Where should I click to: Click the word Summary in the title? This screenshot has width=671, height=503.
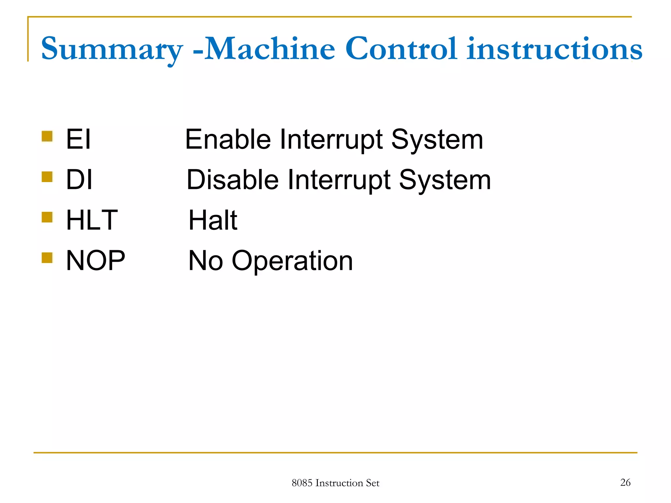tap(111, 49)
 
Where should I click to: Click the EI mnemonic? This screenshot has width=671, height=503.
tap(78, 140)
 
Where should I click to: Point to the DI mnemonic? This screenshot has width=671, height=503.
tap(79, 180)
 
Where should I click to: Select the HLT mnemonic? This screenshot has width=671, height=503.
tap(92, 220)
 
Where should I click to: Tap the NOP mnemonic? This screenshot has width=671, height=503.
tap(95, 261)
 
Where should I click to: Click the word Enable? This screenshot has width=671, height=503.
tap(228, 140)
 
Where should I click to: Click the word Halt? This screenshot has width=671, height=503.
tap(213, 220)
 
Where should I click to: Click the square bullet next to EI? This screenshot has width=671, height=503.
tap(47, 136)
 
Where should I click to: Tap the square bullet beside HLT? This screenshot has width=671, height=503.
tap(47, 217)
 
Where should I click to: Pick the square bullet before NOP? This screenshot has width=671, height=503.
tap(47, 257)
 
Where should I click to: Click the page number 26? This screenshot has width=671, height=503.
tap(625, 482)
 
